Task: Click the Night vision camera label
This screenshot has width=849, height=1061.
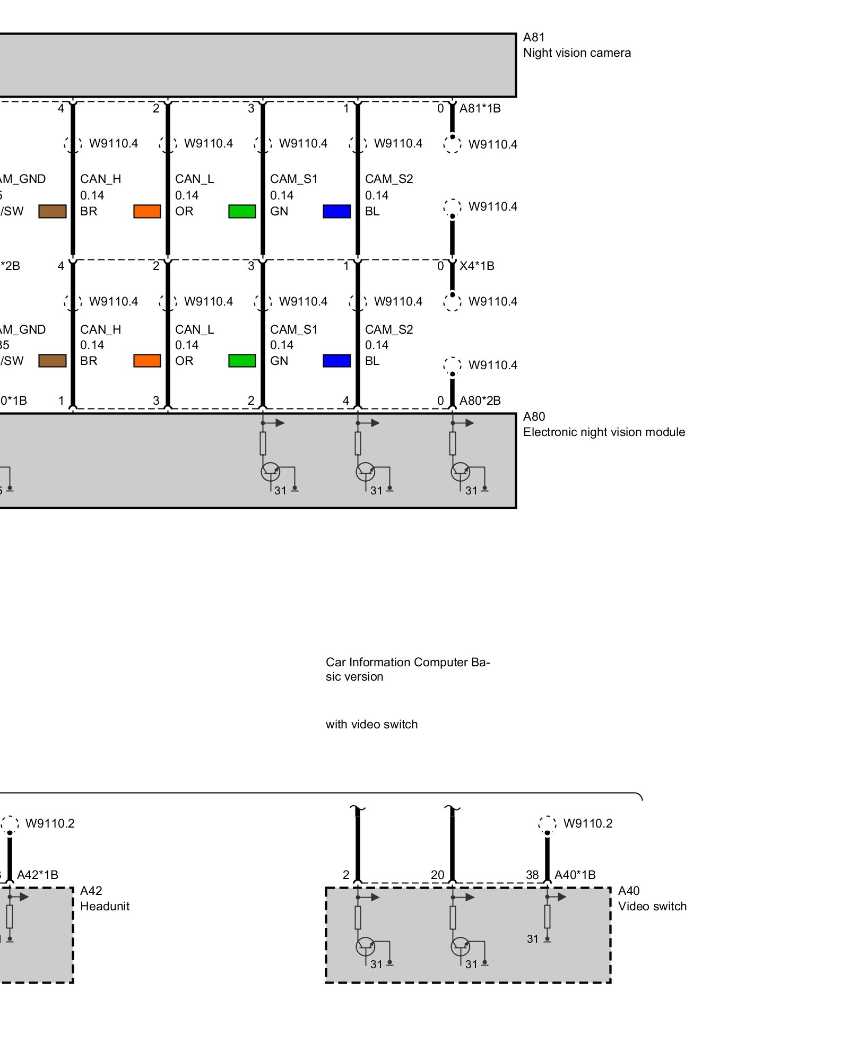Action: (x=577, y=53)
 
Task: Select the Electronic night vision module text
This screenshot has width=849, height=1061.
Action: (x=604, y=432)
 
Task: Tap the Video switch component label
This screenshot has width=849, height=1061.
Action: (x=652, y=906)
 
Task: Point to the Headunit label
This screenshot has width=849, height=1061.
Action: (x=105, y=906)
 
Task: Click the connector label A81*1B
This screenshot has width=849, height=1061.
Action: (x=480, y=108)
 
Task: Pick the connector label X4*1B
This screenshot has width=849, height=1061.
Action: (x=477, y=266)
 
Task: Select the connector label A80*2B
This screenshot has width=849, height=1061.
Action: (x=480, y=401)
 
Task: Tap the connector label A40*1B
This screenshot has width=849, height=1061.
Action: (x=575, y=875)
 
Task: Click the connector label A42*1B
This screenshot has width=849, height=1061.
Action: (x=37, y=875)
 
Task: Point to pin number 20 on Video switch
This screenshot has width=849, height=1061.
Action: (x=437, y=875)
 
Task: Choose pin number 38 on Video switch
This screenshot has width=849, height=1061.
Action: (x=532, y=875)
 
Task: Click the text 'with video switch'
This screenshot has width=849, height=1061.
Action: (x=371, y=724)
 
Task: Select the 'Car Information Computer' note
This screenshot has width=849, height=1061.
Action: (x=408, y=669)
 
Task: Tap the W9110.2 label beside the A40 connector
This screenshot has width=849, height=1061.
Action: (x=587, y=823)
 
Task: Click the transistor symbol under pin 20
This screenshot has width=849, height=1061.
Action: (x=460, y=946)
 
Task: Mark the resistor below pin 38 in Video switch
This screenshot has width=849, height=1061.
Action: (x=547, y=916)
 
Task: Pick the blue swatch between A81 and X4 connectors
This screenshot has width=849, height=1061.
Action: (x=336, y=211)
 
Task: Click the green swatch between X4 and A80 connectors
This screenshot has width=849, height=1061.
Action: (x=242, y=361)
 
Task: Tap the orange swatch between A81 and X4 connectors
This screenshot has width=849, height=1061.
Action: (x=147, y=211)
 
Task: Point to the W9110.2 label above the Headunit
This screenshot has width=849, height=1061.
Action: (x=50, y=823)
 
